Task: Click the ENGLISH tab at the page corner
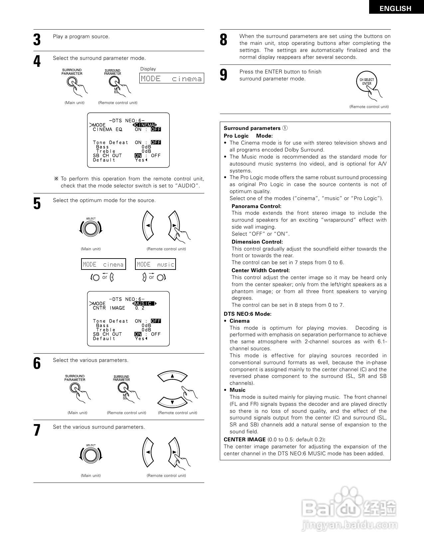[x=395, y=9]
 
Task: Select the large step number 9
[x=223, y=75]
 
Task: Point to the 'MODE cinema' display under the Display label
[x=171, y=78]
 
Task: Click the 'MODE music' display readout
[x=155, y=265]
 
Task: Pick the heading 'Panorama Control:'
[x=256, y=206]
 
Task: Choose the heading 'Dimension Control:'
[x=257, y=242]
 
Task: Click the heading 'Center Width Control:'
[x=260, y=271]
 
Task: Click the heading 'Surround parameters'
[x=252, y=128]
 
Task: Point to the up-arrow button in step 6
[x=172, y=376]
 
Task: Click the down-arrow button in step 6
[x=172, y=402]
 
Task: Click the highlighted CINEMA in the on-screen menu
[x=145, y=125]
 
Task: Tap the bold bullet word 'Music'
[x=237, y=390]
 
